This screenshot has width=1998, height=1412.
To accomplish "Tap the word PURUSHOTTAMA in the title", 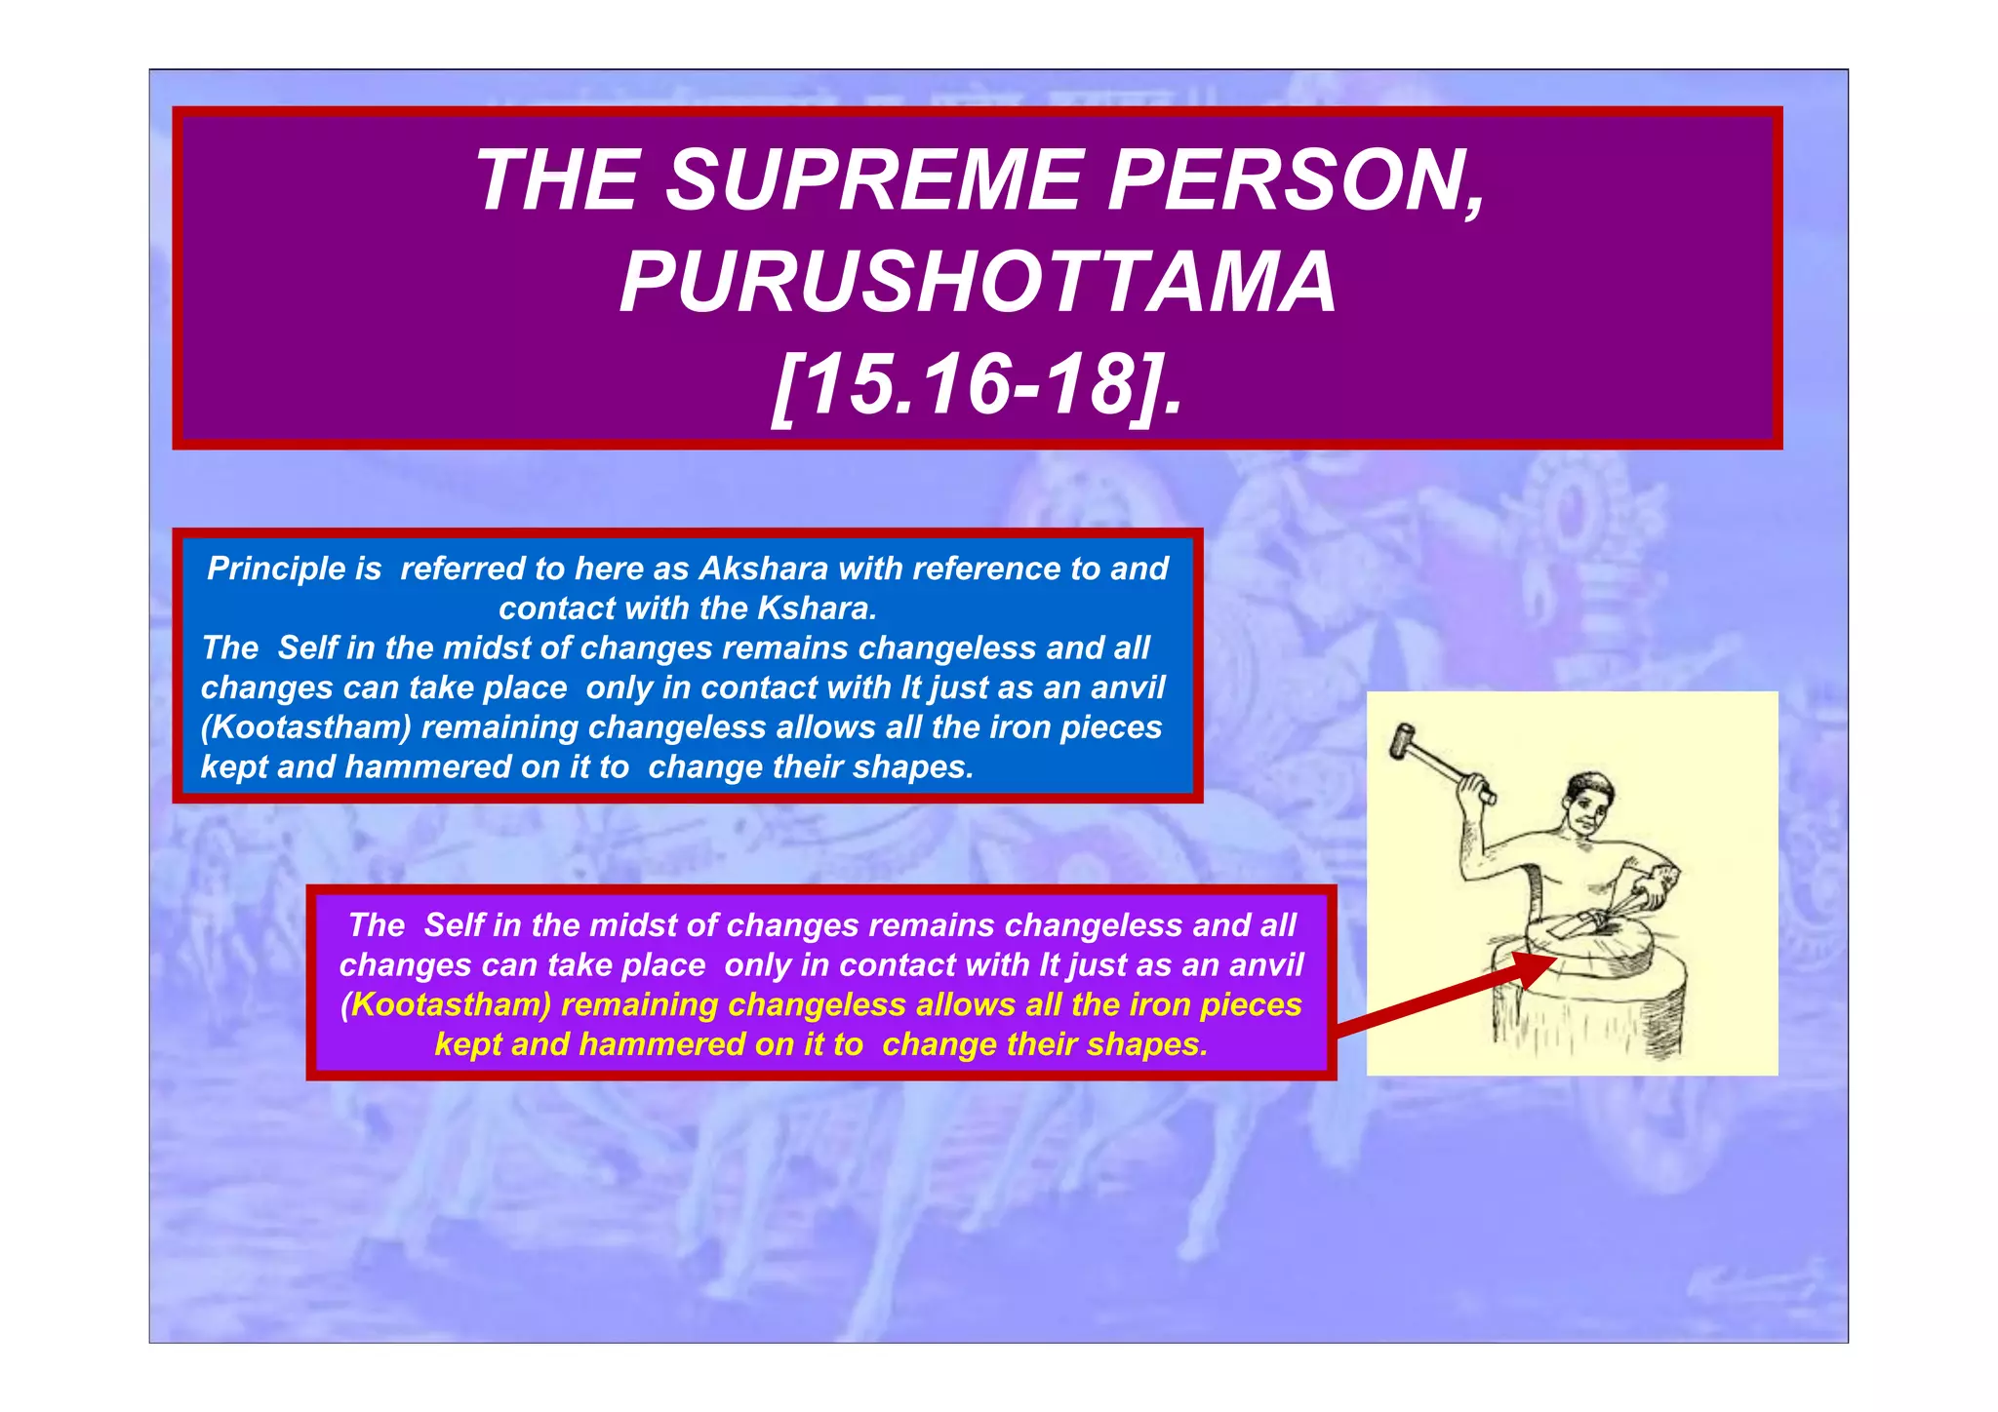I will click(x=978, y=283).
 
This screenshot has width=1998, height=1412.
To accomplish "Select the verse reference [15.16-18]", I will click(x=978, y=385).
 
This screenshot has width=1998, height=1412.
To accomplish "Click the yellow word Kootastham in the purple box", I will click(x=446, y=1005).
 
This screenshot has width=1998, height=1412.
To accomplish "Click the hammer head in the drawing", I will click(x=1403, y=740).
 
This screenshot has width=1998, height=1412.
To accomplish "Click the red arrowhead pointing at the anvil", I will click(x=1533, y=968).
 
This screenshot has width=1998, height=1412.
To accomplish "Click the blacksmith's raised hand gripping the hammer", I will click(x=1476, y=785).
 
